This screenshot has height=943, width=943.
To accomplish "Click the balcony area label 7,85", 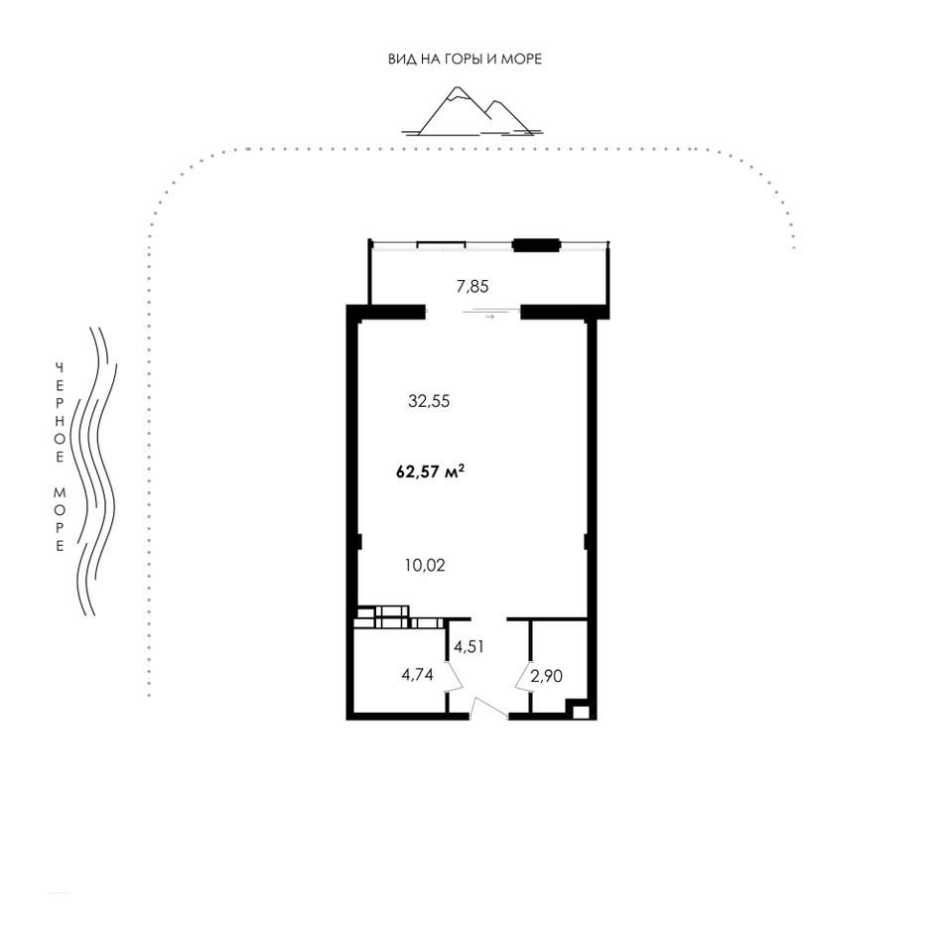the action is click(x=472, y=287).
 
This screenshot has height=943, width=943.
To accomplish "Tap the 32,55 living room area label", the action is click(x=429, y=401).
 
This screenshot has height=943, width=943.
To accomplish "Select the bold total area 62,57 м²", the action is click(x=431, y=471).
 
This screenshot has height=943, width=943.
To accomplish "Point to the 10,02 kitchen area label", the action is click(x=425, y=566).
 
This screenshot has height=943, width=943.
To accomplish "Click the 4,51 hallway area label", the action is click(x=470, y=647).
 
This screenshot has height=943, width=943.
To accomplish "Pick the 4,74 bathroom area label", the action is click(x=417, y=675).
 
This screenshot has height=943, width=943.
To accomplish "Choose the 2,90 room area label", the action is click(x=547, y=677).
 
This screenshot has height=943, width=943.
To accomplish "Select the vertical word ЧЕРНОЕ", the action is click(x=60, y=413).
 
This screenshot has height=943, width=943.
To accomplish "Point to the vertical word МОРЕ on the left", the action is click(x=60, y=519).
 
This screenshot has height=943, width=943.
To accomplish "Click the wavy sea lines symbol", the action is click(x=94, y=471).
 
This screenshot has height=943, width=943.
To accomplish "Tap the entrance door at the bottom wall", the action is click(x=488, y=708).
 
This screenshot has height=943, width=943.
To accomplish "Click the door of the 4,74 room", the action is click(x=455, y=677).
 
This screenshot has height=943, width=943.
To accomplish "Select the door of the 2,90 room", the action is click(x=522, y=677).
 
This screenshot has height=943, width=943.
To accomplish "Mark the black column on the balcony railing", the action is click(x=536, y=245).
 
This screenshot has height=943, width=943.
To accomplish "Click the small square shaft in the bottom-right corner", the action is click(x=581, y=713).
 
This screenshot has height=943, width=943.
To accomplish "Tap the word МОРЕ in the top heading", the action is click(x=521, y=59).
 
